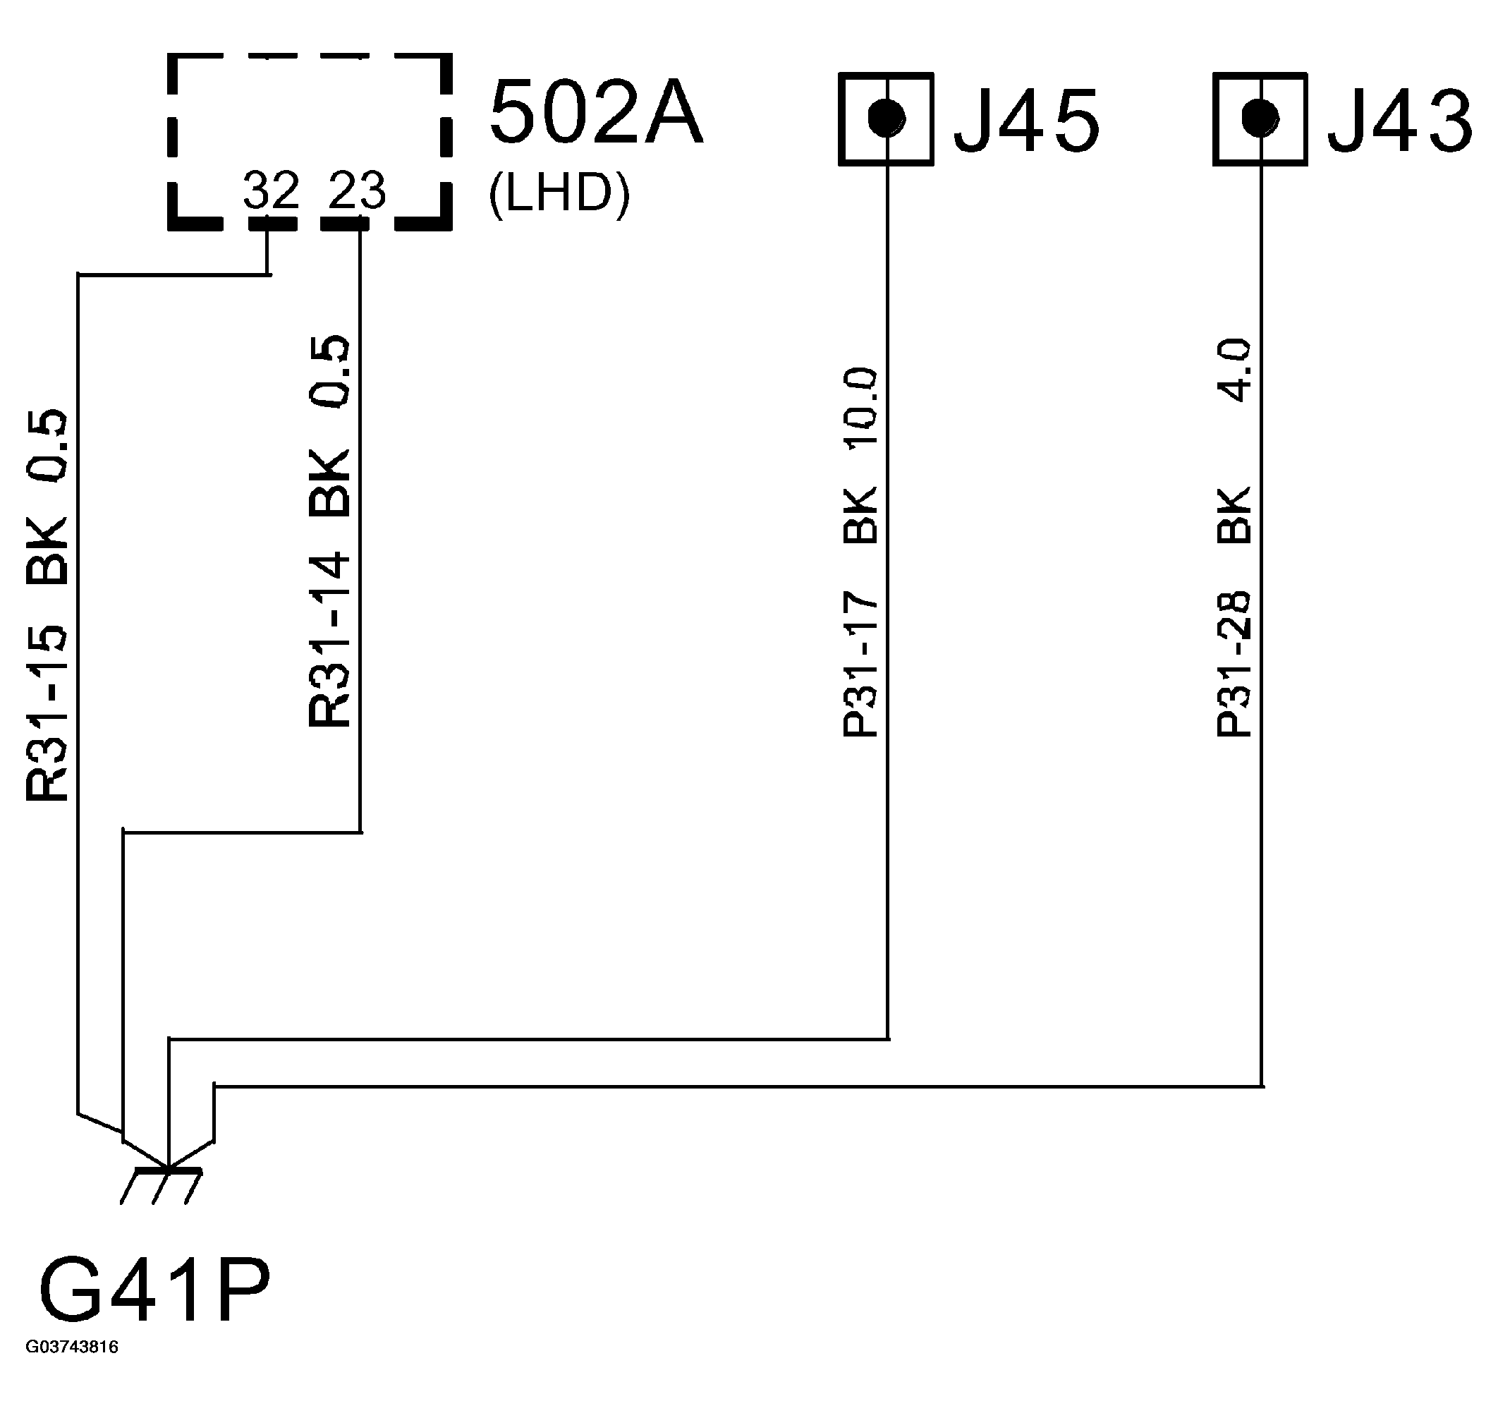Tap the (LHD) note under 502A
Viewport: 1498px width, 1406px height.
(559, 195)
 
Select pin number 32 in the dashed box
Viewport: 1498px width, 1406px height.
(271, 190)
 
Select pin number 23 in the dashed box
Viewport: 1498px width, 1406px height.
(357, 190)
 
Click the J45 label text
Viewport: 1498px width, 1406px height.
(1026, 121)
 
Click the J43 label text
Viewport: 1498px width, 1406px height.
(1400, 121)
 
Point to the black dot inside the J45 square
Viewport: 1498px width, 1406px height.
(886, 117)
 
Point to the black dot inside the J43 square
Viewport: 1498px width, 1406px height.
(1260, 116)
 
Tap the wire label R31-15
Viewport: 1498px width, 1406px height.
(47, 713)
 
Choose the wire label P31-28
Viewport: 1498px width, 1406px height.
(1234, 663)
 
